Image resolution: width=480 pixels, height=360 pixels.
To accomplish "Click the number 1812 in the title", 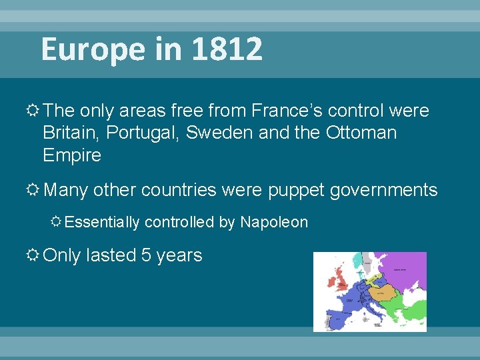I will [x=227, y=49].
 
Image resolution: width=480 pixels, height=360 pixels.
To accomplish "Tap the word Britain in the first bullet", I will [x=67, y=133].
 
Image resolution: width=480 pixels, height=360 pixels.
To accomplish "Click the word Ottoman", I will [x=361, y=133].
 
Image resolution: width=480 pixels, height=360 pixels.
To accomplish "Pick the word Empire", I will [x=72, y=155].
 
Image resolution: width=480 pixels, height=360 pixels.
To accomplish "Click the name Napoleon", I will [x=274, y=222].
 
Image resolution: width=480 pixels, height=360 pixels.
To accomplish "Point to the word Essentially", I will [x=103, y=222].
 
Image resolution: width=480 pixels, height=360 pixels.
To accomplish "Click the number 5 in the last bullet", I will [x=146, y=255].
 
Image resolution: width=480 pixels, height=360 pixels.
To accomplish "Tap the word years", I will [x=179, y=256].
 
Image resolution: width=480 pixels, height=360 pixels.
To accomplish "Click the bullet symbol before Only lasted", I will [x=32, y=255].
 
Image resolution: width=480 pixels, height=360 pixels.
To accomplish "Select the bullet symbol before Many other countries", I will [x=32, y=190].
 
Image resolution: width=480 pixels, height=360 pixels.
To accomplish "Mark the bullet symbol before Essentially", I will [x=57, y=222].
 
